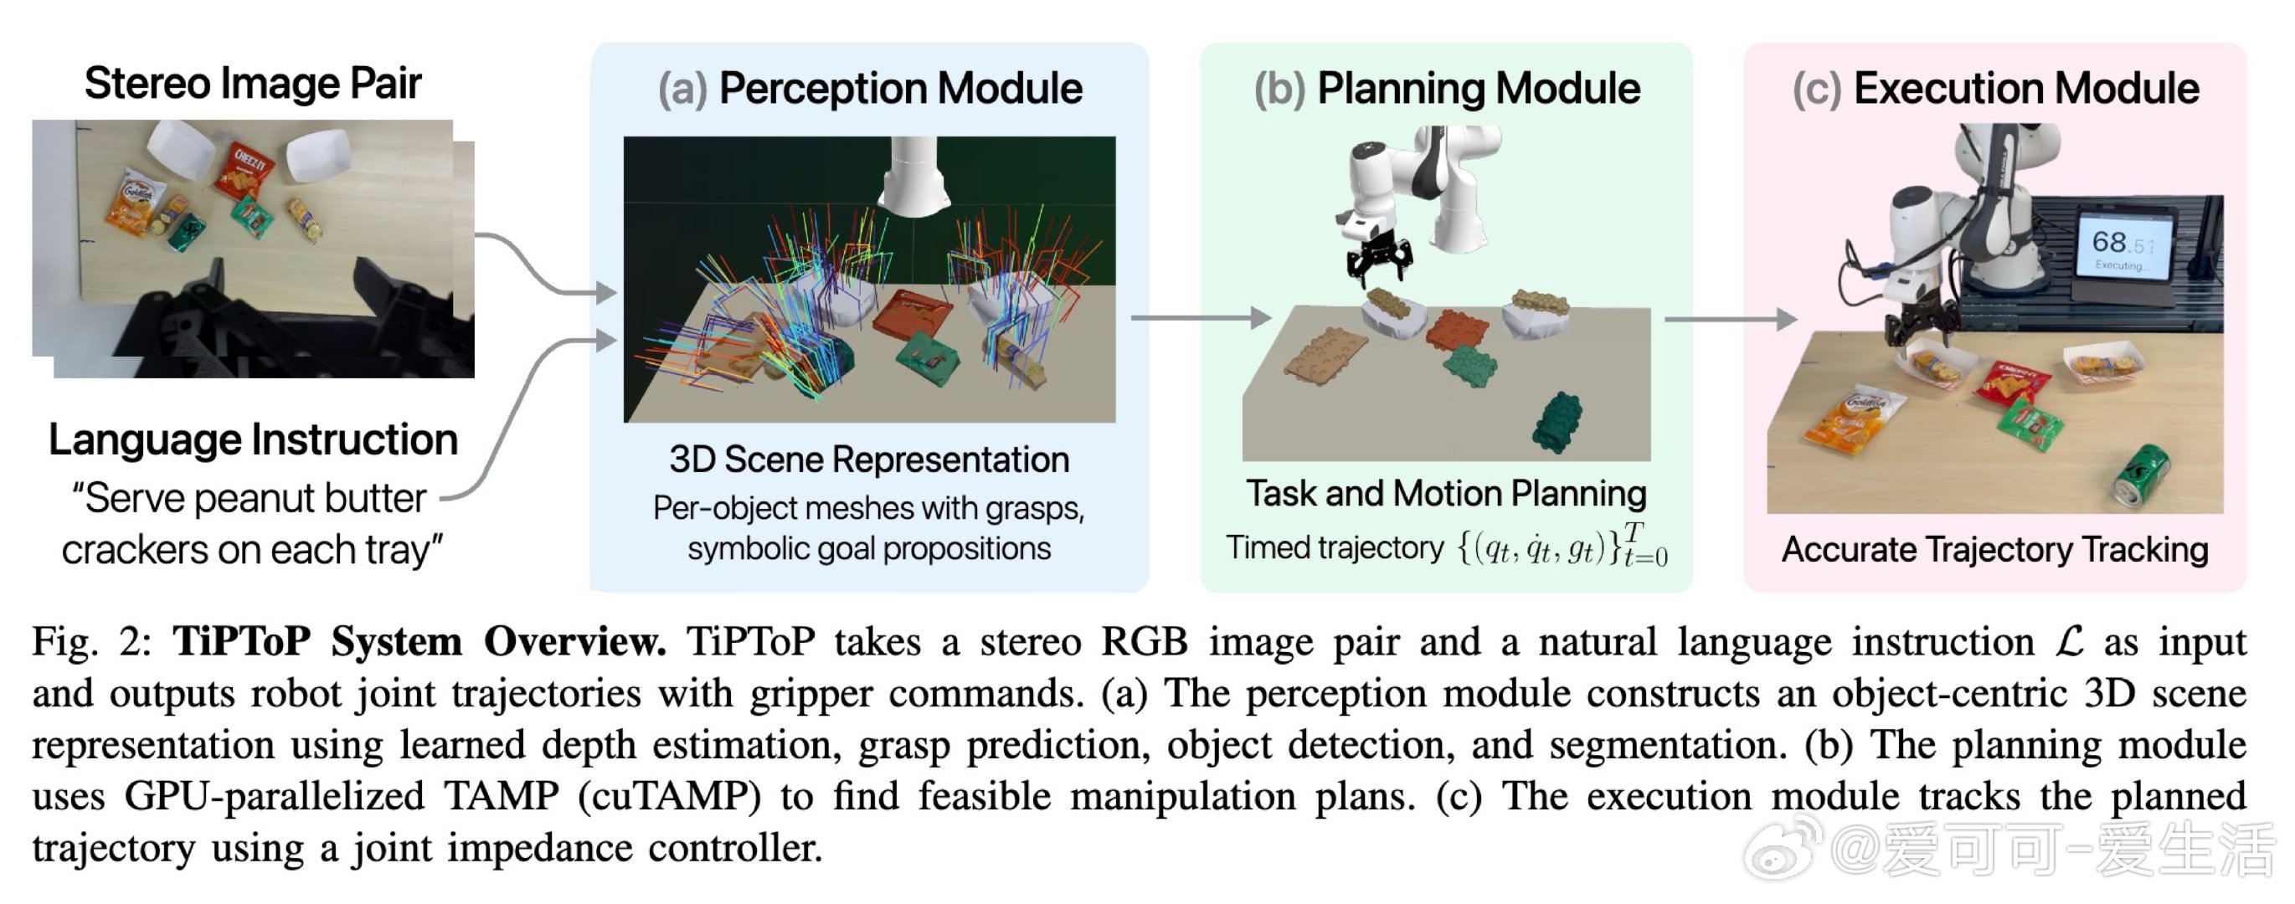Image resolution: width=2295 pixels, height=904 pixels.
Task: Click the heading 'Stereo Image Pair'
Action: tap(252, 84)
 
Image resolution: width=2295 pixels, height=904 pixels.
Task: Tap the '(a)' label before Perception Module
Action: tap(682, 89)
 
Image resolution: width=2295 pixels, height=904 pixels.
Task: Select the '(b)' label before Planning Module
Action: tap(1279, 89)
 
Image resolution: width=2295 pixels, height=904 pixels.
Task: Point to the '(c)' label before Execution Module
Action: tap(1817, 89)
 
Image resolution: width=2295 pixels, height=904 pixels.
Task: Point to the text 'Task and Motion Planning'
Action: tap(1445, 493)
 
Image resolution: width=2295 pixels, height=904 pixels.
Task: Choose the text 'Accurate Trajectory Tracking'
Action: tap(1994, 550)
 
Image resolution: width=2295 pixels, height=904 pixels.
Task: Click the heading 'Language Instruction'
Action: tap(253, 440)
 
